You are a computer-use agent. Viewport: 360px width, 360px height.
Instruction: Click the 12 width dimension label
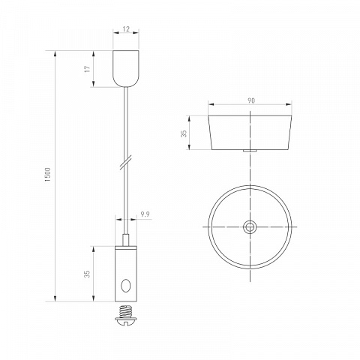127,29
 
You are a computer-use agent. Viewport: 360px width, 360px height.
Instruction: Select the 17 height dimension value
87,69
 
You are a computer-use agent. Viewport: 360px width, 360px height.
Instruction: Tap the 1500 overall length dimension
47,175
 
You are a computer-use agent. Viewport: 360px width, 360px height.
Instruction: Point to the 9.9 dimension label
145,214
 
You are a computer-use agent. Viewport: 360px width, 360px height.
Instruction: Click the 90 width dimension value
251,100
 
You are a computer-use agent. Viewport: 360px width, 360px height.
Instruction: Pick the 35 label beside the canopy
184,133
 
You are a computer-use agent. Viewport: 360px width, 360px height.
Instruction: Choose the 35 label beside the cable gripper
87,274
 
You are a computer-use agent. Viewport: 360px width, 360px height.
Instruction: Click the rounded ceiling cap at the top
126,68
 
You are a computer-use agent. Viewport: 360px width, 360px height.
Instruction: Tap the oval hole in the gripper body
125,286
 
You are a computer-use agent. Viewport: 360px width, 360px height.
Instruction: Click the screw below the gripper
126,315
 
